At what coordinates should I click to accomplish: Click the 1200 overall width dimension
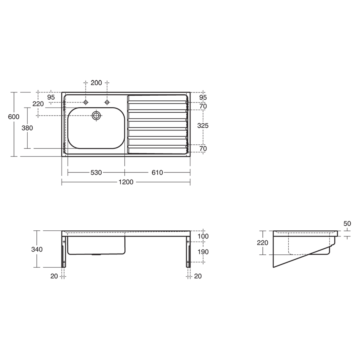(126, 182)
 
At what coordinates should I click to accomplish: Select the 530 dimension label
(96, 172)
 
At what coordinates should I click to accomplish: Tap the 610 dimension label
(157, 172)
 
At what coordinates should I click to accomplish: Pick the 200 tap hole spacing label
(96, 83)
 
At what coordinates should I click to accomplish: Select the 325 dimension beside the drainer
(203, 125)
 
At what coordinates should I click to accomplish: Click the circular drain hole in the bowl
(96, 116)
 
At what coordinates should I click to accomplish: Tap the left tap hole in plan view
(86, 102)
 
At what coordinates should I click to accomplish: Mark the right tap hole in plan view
(107, 102)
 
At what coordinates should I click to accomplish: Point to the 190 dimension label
(203, 252)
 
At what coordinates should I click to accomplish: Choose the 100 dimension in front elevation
(203, 236)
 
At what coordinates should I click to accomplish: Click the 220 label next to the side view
(262, 242)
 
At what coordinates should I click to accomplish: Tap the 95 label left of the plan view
(51, 97)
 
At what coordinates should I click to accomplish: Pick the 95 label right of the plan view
(203, 97)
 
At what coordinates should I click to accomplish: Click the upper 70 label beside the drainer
(203, 106)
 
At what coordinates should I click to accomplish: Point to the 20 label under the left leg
(54, 276)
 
